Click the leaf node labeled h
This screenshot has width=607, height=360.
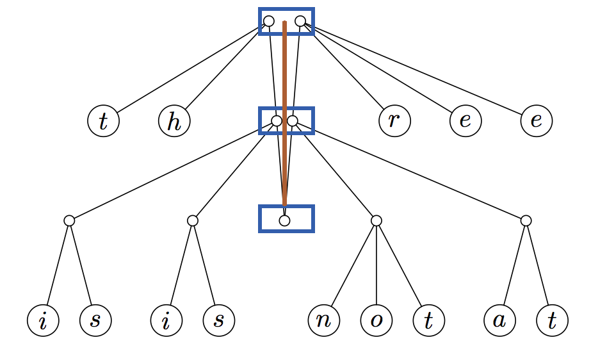[x=174, y=121]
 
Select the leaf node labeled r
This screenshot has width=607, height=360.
[x=394, y=121]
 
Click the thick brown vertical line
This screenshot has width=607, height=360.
[x=284, y=115]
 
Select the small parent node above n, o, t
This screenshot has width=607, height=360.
[x=376, y=220]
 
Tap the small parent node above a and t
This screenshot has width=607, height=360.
[x=526, y=220]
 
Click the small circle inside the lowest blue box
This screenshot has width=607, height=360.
[x=284, y=220]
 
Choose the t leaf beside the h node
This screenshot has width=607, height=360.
[x=103, y=121]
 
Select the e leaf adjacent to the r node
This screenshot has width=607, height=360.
[x=465, y=121]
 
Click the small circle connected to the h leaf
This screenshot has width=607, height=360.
[x=269, y=21]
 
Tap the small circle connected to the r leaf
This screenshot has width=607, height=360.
[x=300, y=21]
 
